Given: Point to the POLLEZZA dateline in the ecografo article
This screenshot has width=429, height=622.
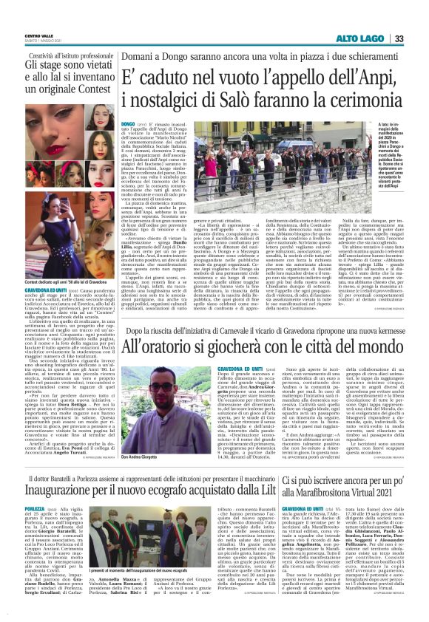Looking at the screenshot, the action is coord(35,489).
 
